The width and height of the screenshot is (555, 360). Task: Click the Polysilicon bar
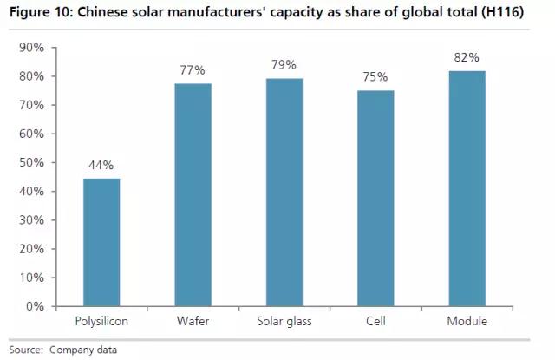[x=102, y=242]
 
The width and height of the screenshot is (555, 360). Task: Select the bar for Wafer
[x=193, y=195]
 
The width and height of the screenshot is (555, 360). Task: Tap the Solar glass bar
[x=284, y=192]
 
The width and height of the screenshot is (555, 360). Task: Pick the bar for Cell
[x=375, y=198]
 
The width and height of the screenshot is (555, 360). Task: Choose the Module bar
[x=467, y=188]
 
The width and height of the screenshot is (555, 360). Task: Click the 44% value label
[x=102, y=165]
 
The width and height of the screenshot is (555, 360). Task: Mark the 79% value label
[x=284, y=64]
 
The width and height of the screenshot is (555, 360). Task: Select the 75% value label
[x=375, y=76]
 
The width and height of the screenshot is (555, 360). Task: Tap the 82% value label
[x=467, y=56]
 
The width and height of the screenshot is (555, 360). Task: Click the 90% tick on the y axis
[x=31, y=48]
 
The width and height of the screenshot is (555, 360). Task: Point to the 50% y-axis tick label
[x=31, y=162]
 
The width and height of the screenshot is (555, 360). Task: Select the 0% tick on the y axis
[x=35, y=306]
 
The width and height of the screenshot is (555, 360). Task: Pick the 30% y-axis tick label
[x=31, y=220]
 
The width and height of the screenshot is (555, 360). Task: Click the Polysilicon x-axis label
[x=102, y=322]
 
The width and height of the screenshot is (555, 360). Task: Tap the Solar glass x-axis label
[x=284, y=322]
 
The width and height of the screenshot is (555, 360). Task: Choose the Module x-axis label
[x=467, y=322]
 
